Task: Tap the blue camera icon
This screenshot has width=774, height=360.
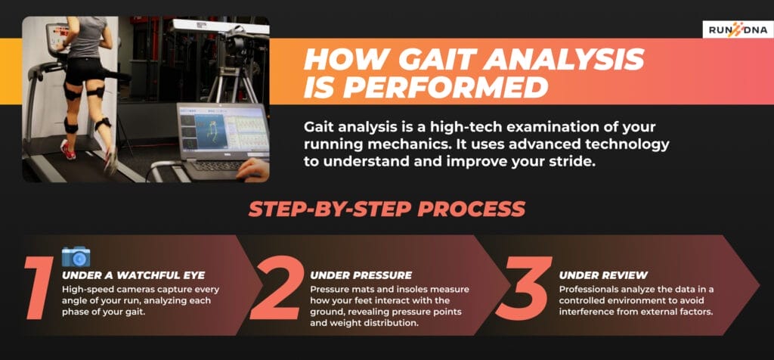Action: pyautogui.click(x=76, y=256)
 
